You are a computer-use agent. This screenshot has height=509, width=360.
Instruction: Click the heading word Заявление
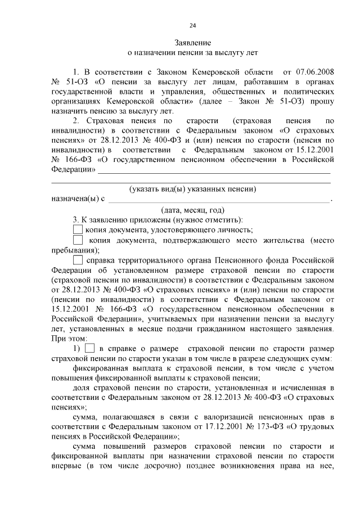pyautogui.click(x=192, y=42)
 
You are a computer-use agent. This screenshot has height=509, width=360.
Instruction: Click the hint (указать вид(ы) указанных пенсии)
pyautogui.click(x=192, y=189)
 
